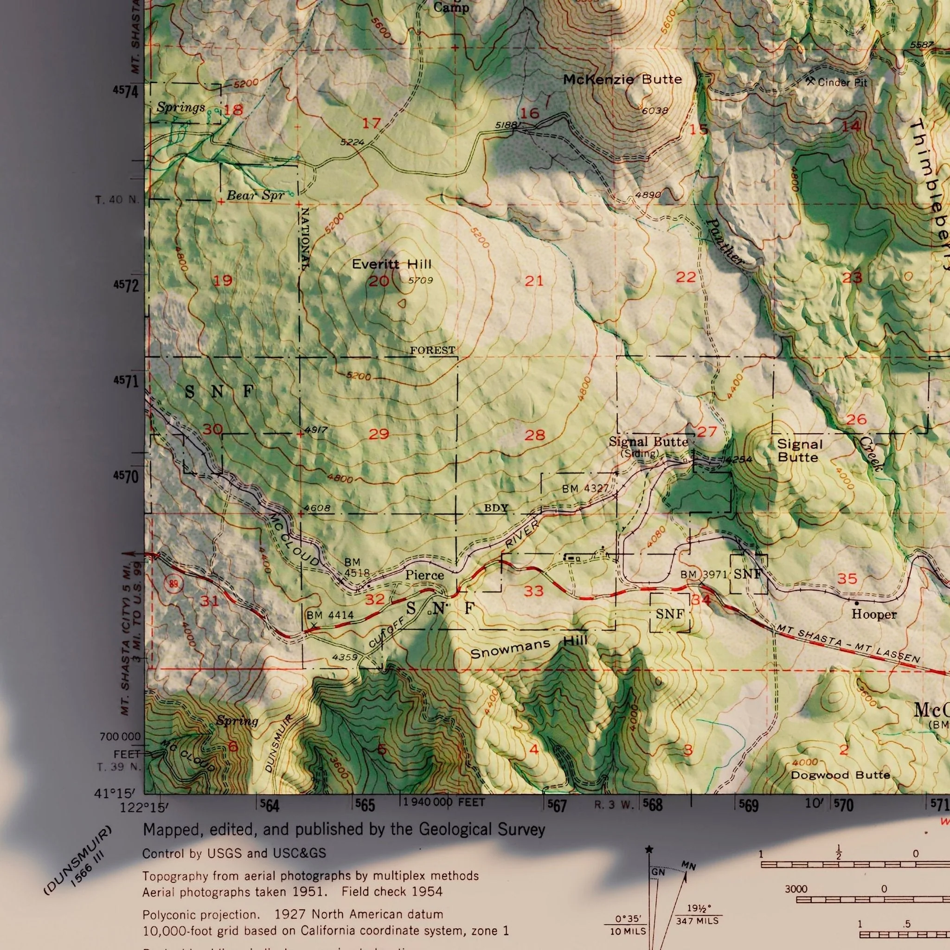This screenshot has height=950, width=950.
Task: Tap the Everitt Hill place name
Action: pos(392,264)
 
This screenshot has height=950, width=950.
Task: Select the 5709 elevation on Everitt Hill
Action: pos(420,280)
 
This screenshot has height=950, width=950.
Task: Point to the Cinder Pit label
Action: pos(842,82)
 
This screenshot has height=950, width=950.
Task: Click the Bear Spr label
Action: pos(255,195)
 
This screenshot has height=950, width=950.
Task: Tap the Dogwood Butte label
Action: pos(841,776)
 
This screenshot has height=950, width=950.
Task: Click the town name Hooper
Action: pos(874,614)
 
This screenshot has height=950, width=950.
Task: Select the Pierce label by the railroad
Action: pos(424,575)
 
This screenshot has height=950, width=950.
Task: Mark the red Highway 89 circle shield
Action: pos(173,584)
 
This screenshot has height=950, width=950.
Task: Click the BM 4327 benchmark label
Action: pos(585,489)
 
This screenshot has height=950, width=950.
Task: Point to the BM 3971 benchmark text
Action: pos(703,574)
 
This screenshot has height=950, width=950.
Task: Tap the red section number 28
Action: pos(534,435)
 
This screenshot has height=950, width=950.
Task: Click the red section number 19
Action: pos(223,281)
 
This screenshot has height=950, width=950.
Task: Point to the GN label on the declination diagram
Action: pos(658,873)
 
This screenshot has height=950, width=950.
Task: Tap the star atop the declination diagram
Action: pos(649,849)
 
